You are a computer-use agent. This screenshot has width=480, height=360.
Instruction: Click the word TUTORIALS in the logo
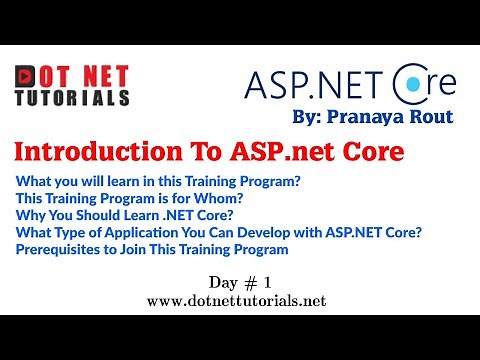click(72, 98)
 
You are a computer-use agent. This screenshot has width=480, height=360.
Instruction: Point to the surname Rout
click(433, 116)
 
